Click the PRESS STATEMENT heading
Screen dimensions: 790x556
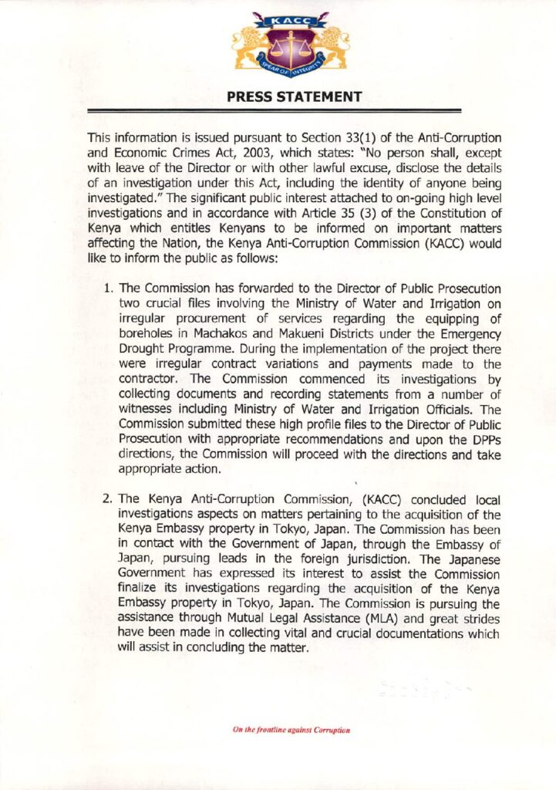pos(295,97)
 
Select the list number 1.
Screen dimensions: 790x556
pos(109,288)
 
